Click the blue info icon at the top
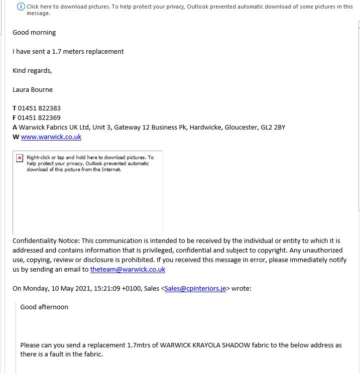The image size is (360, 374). (21, 7)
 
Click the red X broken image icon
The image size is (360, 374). (20, 158)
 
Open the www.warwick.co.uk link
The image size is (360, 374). (51, 137)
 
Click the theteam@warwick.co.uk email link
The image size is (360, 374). (128, 269)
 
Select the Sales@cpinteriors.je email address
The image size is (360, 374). (195, 288)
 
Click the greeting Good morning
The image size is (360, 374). (34, 33)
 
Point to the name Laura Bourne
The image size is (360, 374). (33, 90)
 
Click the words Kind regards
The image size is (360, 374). (32, 71)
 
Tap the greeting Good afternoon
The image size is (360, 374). (44, 307)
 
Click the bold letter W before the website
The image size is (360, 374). (16, 137)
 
